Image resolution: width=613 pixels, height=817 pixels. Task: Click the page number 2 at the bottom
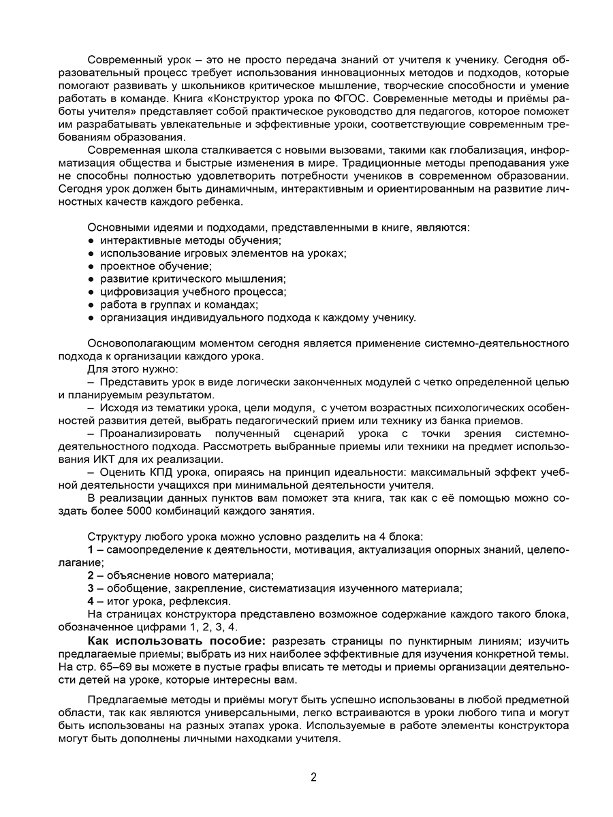pos(313,777)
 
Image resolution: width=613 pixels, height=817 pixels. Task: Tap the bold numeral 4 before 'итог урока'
pos(91,600)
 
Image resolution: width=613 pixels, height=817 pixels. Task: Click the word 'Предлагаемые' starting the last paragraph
pos(123,700)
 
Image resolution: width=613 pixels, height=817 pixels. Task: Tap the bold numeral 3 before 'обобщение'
pos(91,588)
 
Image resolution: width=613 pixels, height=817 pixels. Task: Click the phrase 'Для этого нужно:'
pos(127,369)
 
